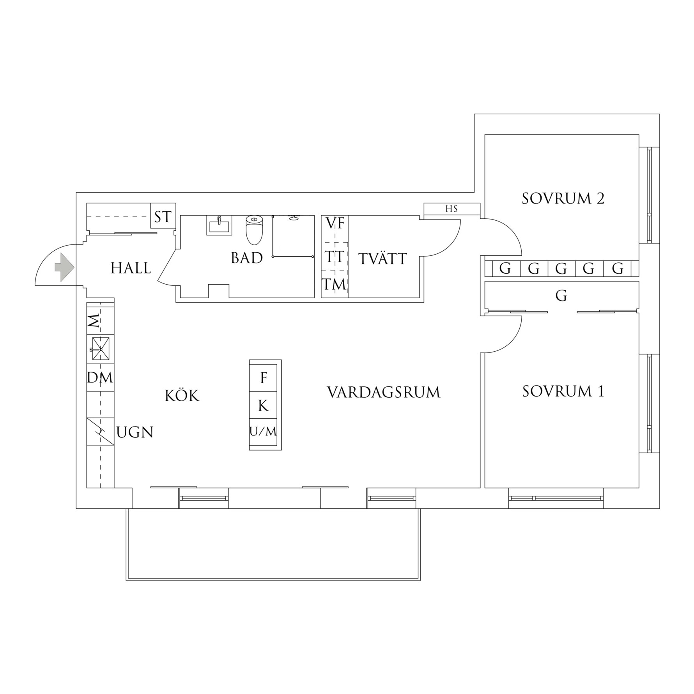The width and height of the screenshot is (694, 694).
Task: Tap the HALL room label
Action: click(131, 268)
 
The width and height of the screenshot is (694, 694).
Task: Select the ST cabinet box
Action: click(163, 217)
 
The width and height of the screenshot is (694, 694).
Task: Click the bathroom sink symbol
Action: click(219, 225)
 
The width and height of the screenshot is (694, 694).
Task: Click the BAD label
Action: click(247, 258)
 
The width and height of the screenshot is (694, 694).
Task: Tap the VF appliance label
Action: click(335, 223)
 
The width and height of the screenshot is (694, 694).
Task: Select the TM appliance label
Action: click(334, 285)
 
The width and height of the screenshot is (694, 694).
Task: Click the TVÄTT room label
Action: click(383, 259)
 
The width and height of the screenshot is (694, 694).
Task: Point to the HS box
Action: click(451, 209)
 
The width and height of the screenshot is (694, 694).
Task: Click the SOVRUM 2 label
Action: click(563, 198)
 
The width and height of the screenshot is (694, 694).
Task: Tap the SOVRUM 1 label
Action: click(563, 391)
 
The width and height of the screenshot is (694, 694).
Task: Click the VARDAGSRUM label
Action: click(384, 392)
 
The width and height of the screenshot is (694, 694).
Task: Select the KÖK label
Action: click(182, 396)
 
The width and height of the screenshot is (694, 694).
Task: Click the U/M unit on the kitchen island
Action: click(263, 432)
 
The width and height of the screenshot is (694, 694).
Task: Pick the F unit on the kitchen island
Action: click(264, 378)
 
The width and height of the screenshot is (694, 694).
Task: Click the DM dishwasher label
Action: click(100, 377)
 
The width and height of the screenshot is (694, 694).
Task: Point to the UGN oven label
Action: click(135, 432)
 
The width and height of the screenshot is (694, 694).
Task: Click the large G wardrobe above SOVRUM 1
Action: click(561, 296)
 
